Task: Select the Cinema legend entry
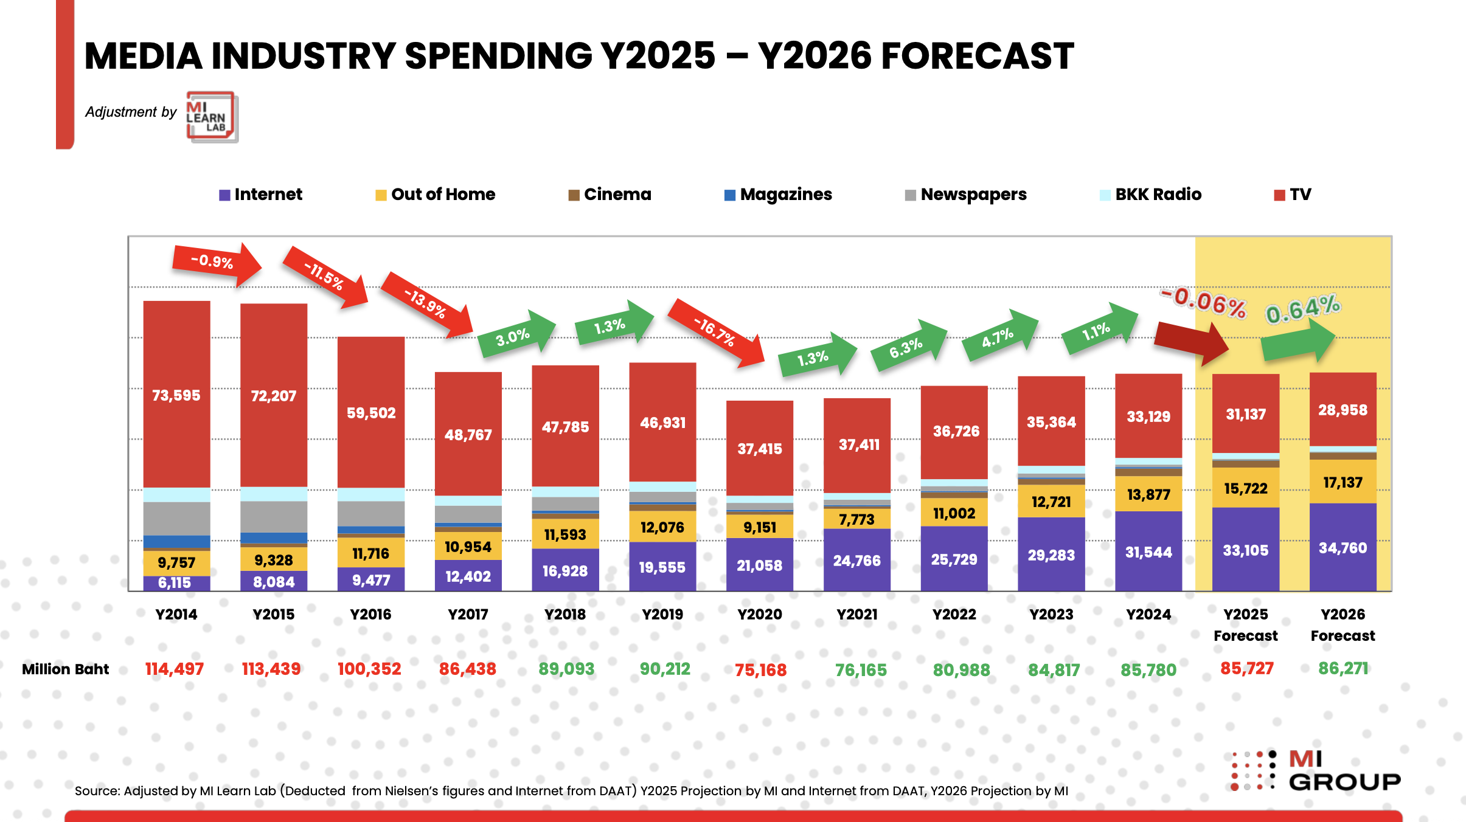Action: [x=610, y=195]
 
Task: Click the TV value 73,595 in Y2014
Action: [x=176, y=396]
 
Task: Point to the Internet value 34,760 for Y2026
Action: [x=1343, y=548]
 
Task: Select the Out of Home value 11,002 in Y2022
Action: [x=954, y=514]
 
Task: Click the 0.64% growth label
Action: [x=1303, y=309]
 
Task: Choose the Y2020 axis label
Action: [x=760, y=615]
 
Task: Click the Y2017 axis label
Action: [x=468, y=615]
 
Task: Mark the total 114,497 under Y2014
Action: [x=175, y=669]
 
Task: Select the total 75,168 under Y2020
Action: [x=760, y=670]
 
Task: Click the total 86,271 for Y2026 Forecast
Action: [x=1343, y=669]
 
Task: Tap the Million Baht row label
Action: [x=65, y=669]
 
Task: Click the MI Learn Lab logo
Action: [x=211, y=117]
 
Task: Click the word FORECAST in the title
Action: [x=977, y=56]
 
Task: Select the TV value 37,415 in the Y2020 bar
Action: [x=760, y=449]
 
